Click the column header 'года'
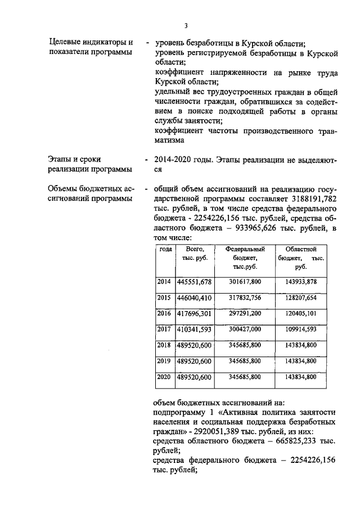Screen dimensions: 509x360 165,249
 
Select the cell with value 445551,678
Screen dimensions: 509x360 194,281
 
